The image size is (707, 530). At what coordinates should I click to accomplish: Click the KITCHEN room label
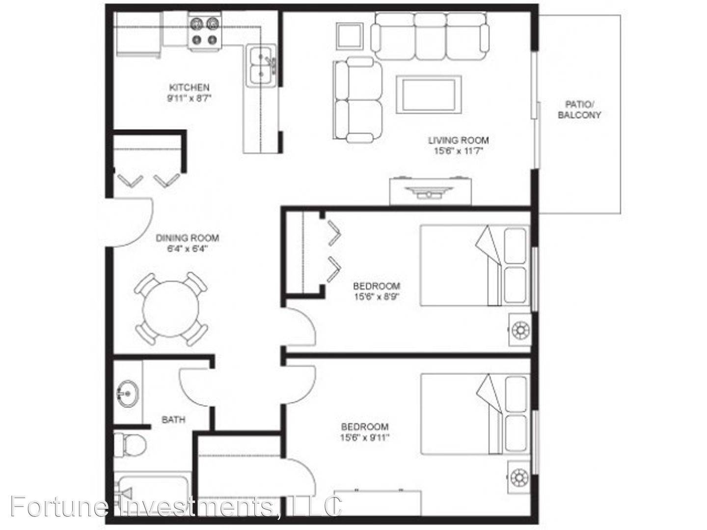189,87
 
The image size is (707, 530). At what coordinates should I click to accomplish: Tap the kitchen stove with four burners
205,31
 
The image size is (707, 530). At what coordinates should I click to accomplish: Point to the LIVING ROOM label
458,140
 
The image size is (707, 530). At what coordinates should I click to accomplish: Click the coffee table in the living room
429,94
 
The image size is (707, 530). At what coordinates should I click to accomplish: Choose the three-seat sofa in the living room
430,36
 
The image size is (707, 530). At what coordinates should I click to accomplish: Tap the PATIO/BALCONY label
579,110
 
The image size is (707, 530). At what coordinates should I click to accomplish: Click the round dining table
171,309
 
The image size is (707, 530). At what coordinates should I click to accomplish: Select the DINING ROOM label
188,238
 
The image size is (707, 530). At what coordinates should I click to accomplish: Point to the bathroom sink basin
128,393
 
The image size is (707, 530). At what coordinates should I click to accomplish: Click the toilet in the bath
130,445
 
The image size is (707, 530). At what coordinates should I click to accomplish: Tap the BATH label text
173,420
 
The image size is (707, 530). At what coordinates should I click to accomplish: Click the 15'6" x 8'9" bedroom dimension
377,296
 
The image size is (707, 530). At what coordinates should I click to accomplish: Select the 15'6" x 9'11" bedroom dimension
365,437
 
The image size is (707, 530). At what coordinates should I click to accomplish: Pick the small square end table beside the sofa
350,36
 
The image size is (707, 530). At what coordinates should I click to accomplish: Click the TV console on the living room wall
430,191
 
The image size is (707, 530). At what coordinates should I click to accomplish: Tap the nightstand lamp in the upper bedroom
519,330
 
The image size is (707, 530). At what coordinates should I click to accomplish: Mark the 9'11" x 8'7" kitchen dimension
189,98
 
